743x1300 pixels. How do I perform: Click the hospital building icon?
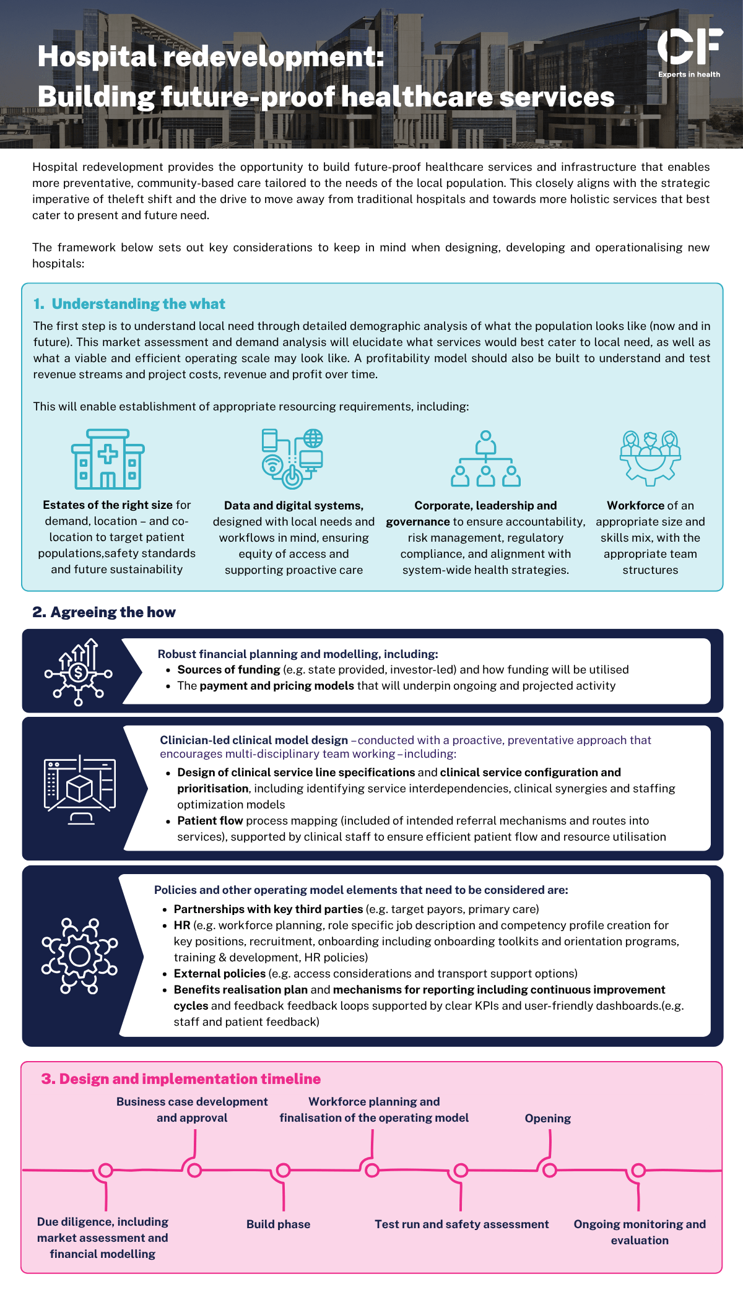[x=108, y=459]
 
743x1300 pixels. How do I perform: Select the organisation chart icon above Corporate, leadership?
[x=485, y=459]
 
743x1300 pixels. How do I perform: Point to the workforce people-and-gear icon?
[x=650, y=458]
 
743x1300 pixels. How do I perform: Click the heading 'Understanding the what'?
[x=139, y=304]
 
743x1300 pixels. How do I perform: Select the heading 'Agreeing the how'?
[x=113, y=612]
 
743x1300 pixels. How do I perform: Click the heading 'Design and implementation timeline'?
[x=190, y=1079]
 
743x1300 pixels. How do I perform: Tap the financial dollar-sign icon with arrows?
[x=78, y=672]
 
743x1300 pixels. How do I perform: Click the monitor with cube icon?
[x=80, y=790]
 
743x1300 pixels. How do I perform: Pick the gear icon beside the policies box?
[x=79, y=956]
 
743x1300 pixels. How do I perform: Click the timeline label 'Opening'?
[x=548, y=1118]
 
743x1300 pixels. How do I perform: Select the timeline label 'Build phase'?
[x=279, y=1224]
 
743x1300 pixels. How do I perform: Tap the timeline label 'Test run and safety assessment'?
[x=462, y=1224]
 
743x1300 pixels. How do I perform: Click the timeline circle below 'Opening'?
[x=550, y=1170]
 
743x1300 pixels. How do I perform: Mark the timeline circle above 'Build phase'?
[x=283, y=1170]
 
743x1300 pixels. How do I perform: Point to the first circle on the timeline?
[x=106, y=1170]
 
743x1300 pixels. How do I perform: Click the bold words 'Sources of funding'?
[x=228, y=669]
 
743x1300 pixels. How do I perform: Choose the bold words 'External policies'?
[x=219, y=973]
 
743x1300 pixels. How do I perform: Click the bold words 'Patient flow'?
[x=210, y=820]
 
